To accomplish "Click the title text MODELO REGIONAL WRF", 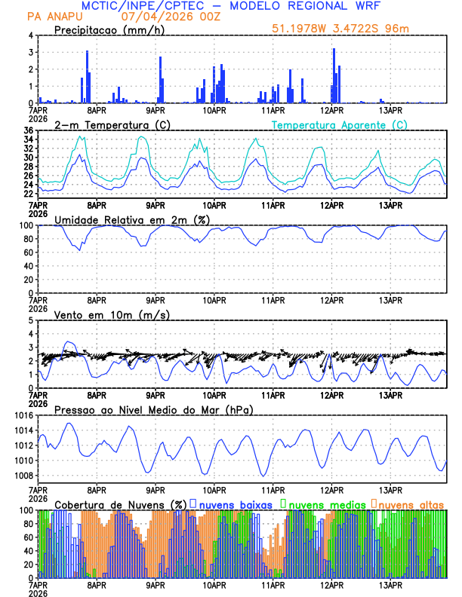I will [313, 6].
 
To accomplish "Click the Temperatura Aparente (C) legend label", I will [340, 124].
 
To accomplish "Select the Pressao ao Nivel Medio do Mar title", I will [153, 409].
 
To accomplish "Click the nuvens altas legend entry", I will [411, 504].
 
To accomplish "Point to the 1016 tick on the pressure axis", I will [21, 415].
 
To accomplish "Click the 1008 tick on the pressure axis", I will [21, 476].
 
